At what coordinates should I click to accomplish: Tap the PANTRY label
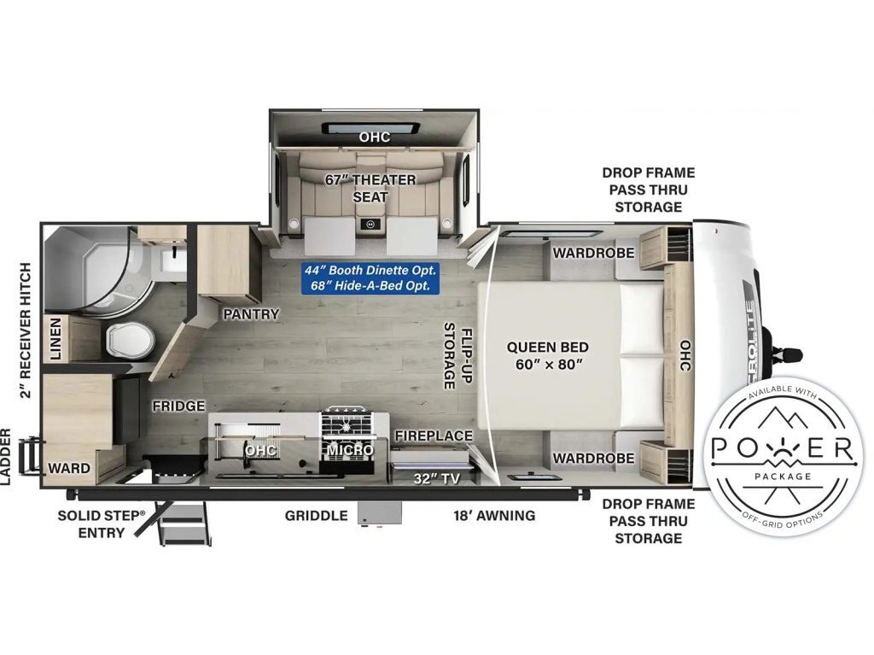pyautogui.click(x=251, y=314)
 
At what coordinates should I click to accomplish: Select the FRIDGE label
pyautogui.click(x=178, y=406)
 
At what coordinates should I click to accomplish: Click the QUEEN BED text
pyautogui.click(x=547, y=347)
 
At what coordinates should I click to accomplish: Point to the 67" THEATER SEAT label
pyautogui.click(x=370, y=188)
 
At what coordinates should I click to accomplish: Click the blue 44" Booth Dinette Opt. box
pyautogui.click(x=370, y=278)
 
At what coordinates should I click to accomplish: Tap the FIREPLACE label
pyautogui.click(x=434, y=436)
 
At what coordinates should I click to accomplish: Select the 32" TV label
pyautogui.click(x=436, y=478)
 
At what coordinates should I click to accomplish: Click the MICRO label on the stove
pyautogui.click(x=350, y=450)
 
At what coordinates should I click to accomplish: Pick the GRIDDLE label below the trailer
pyautogui.click(x=316, y=516)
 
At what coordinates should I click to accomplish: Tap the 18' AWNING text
pyautogui.click(x=494, y=516)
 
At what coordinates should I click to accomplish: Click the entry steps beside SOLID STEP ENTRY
pyautogui.click(x=184, y=523)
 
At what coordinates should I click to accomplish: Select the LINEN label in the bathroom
pyautogui.click(x=55, y=339)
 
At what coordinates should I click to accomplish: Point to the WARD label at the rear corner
pyautogui.click(x=69, y=467)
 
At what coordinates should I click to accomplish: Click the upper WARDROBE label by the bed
pyautogui.click(x=593, y=253)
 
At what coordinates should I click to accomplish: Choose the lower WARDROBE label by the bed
pyautogui.click(x=593, y=458)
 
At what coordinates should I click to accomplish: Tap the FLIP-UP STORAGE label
pyautogui.click(x=457, y=355)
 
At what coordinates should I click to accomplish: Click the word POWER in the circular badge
pyautogui.click(x=783, y=447)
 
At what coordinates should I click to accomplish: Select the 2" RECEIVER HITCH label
pyautogui.click(x=25, y=330)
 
